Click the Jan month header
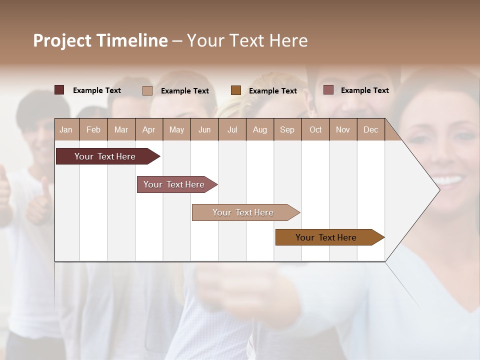click(66, 129)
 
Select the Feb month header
click(93, 129)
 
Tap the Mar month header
click(121, 129)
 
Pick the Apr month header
click(149, 129)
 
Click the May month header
click(176, 129)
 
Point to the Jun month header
click(204, 129)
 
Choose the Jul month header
click(232, 129)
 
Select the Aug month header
click(260, 129)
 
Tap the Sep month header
click(287, 129)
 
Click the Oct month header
click(315, 129)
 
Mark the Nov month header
click(343, 129)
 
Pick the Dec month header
click(371, 129)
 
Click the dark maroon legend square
click(59, 90)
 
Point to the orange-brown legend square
click(236, 90)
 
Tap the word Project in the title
click(62, 40)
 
